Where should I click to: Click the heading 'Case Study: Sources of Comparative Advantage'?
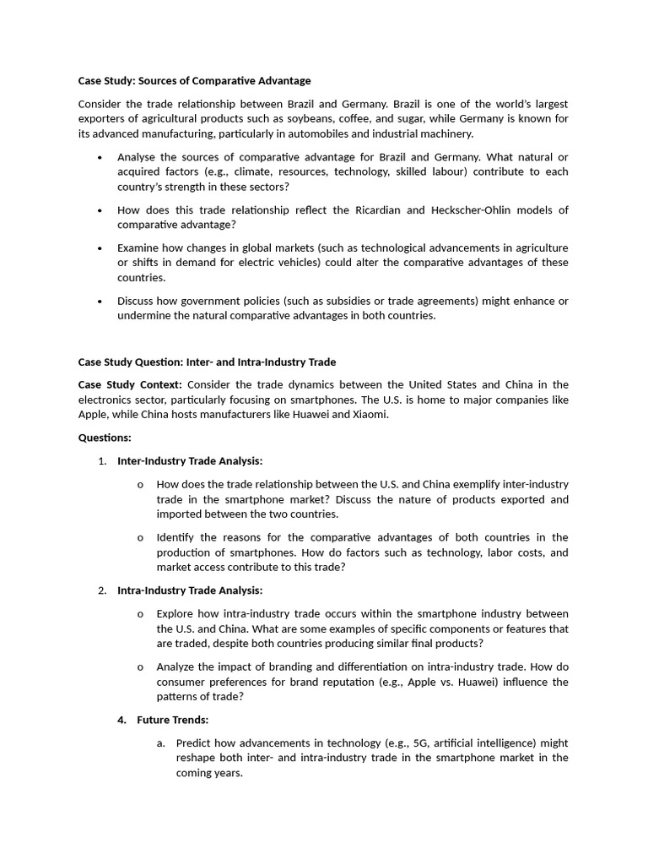(x=194, y=81)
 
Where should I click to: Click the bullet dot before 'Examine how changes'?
(x=100, y=248)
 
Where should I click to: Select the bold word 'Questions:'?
(x=105, y=438)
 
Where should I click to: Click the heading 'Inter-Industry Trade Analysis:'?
(x=190, y=460)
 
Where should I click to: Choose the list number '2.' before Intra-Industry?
(x=102, y=590)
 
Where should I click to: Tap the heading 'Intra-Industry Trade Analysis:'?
(x=190, y=590)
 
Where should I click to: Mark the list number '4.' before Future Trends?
(x=121, y=720)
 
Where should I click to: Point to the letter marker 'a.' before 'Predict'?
(x=161, y=743)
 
